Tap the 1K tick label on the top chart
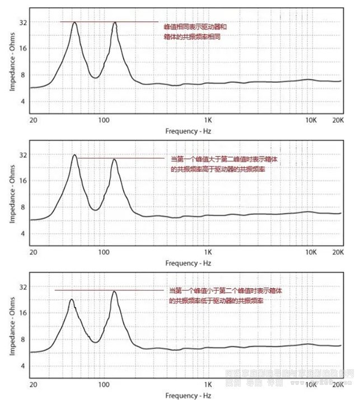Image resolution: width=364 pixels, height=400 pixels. click(x=208, y=120)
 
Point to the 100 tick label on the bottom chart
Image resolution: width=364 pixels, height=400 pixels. click(x=104, y=385)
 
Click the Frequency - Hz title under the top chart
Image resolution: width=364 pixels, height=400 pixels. click(x=189, y=131)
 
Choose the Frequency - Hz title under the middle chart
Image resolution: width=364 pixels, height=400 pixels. click(x=189, y=263)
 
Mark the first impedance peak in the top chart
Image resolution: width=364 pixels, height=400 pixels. click(x=74, y=23)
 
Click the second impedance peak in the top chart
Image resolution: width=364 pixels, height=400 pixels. click(x=115, y=23)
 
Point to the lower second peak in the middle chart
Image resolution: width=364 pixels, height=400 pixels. click(x=115, y=160)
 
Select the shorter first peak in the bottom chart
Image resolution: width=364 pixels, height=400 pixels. click(x=72, y=300)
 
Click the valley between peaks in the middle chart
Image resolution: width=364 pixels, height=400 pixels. click(x=96, y=210)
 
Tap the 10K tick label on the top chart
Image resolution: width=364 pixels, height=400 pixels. click(x=311, y=120)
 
